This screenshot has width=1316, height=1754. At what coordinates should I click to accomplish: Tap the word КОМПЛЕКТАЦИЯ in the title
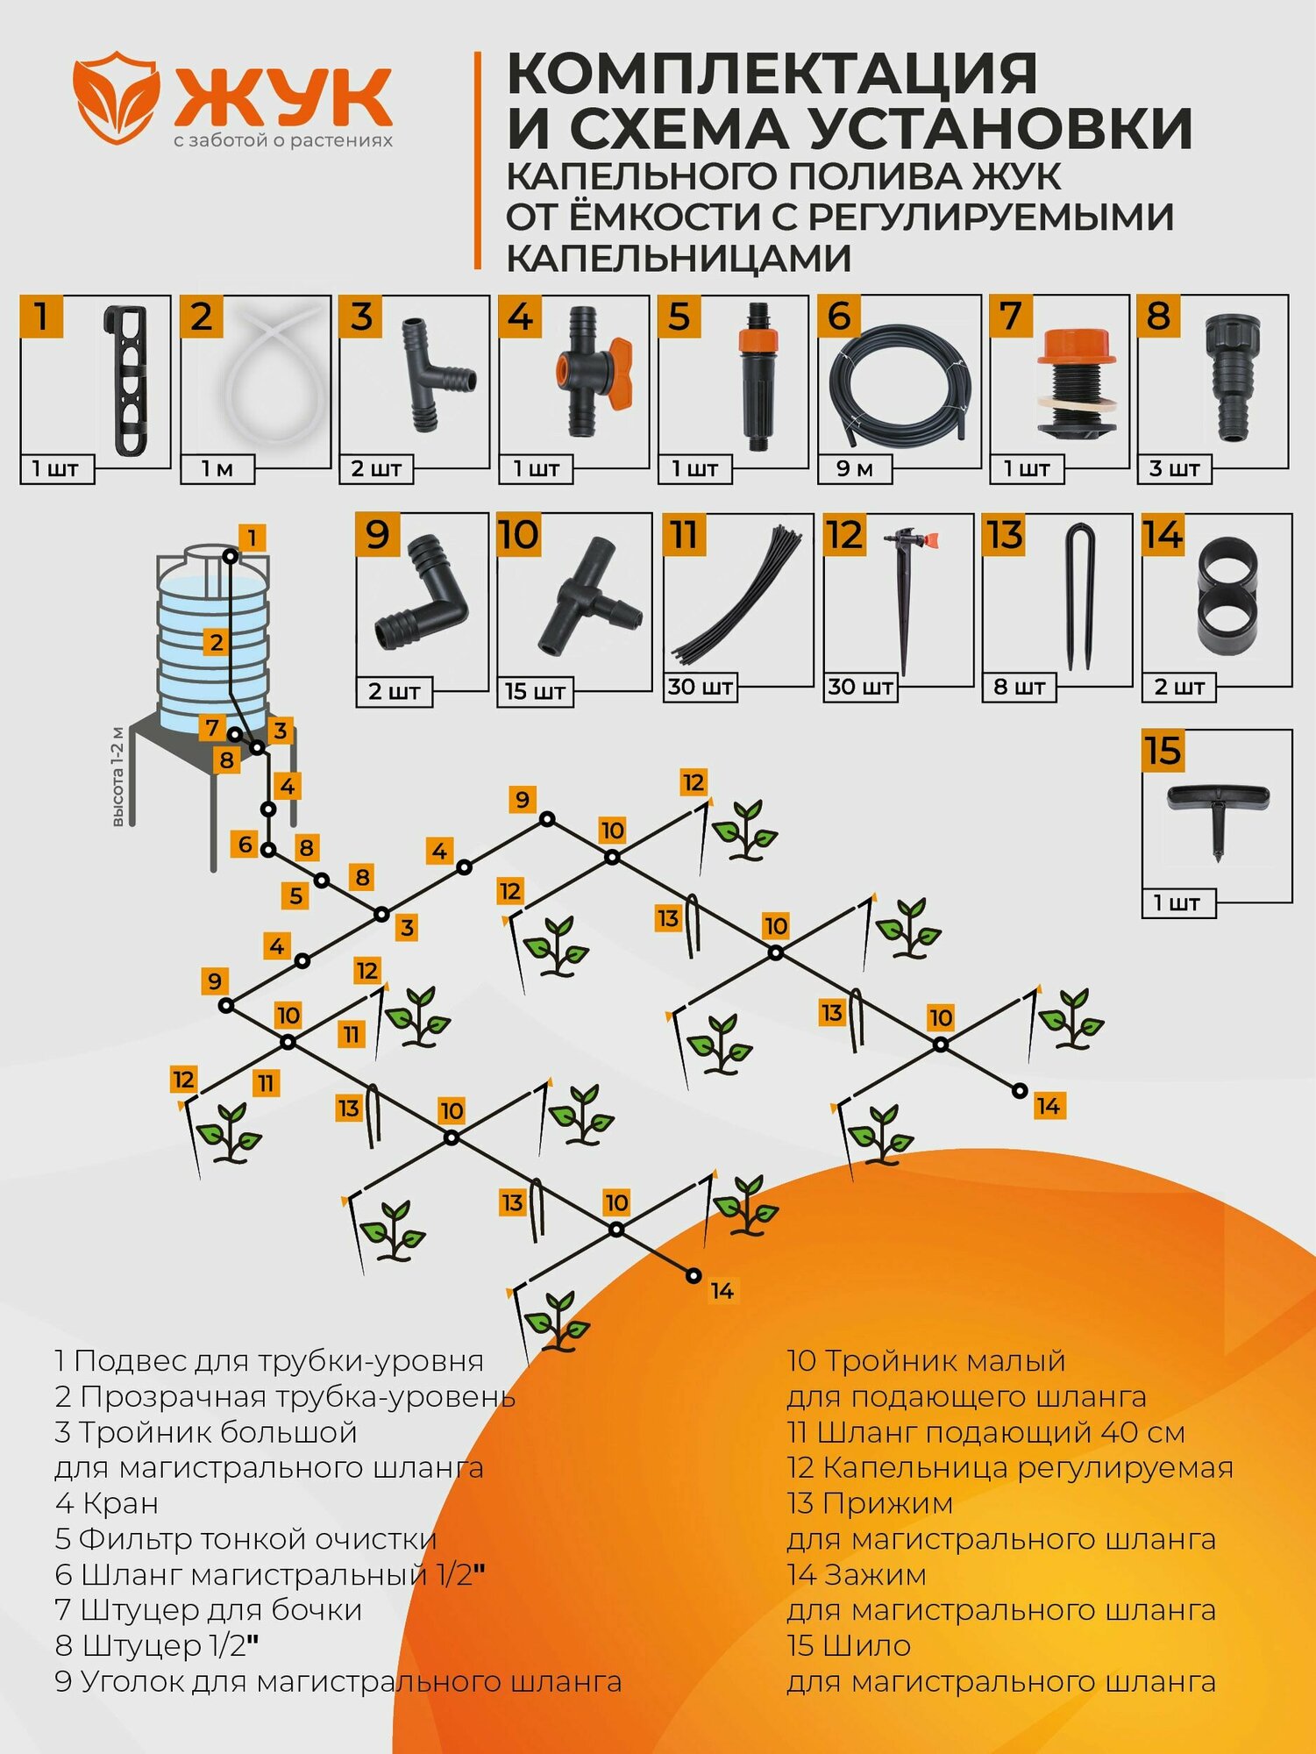click(x=772, y=74)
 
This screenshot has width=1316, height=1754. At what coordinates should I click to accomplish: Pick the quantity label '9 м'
click(x=854, y=469)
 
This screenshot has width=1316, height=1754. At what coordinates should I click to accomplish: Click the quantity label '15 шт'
click(x=534, y=691)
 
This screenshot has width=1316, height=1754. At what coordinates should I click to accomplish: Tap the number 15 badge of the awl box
click(x=1163, y=752)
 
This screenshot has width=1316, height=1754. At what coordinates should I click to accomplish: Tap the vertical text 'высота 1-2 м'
click(x=117, y=777)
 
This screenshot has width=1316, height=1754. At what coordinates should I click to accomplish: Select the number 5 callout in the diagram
click(x=296, y=895)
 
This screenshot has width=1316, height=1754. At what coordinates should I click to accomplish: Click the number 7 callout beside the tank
click(x=211, y=727)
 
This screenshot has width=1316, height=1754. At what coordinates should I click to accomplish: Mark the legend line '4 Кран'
click(x=107, y=1503)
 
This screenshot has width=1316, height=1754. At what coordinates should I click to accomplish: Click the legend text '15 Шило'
click(x=849, y=1646)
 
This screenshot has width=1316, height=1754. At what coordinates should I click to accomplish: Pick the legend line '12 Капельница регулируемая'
click(x=1009, y=1467)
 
